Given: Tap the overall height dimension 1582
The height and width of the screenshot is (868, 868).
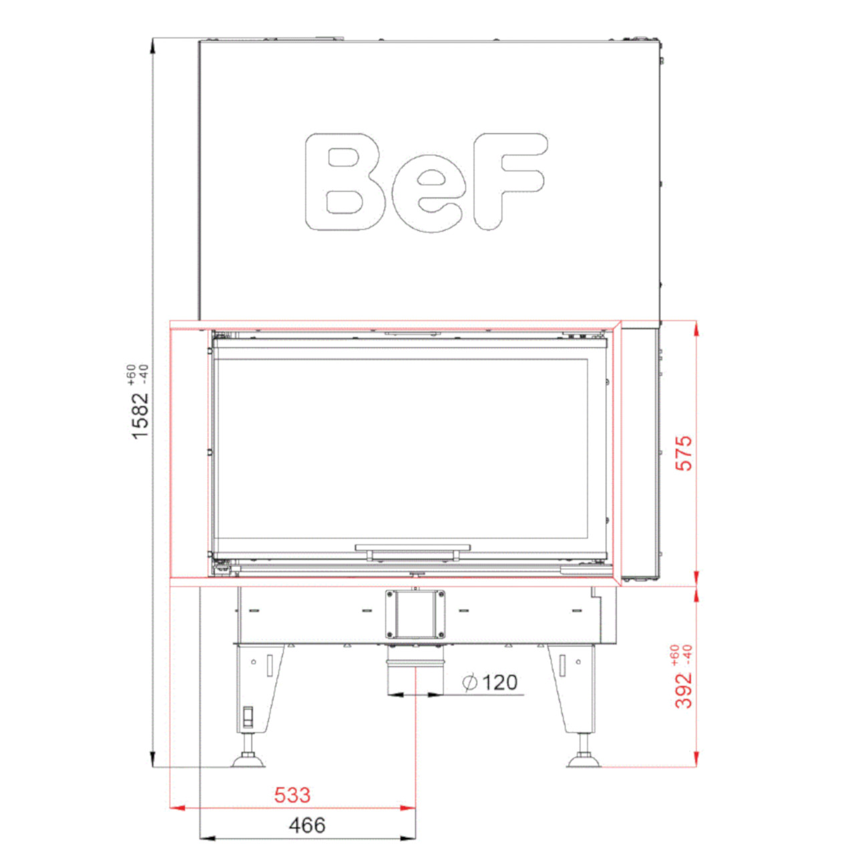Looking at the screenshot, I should (x=141, y=415).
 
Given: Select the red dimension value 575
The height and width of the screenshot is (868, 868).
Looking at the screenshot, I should (x=684, y=453).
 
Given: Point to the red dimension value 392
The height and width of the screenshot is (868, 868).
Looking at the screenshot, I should (x=684, y=690).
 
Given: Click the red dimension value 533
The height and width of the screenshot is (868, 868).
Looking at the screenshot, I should (x=292, y=795).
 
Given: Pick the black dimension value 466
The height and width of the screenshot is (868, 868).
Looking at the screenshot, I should (x=307, y=825).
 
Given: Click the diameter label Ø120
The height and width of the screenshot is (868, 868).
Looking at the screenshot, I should (x=491, y=682).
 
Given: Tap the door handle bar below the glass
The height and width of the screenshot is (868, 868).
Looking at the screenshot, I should (x=413, y=549).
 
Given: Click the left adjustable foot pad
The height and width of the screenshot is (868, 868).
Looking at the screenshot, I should (x=248, y=761).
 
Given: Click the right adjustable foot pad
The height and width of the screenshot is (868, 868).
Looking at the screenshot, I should (x=584, y=761).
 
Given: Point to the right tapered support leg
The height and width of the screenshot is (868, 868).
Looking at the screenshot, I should (x=571, y=688).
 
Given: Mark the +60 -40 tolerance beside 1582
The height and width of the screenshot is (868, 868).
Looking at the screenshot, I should (x=136, y=375).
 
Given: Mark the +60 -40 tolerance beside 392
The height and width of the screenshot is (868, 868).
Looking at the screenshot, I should (x=680, y=655).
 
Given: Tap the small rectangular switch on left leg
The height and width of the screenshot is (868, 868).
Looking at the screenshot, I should (x=248, y=717).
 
